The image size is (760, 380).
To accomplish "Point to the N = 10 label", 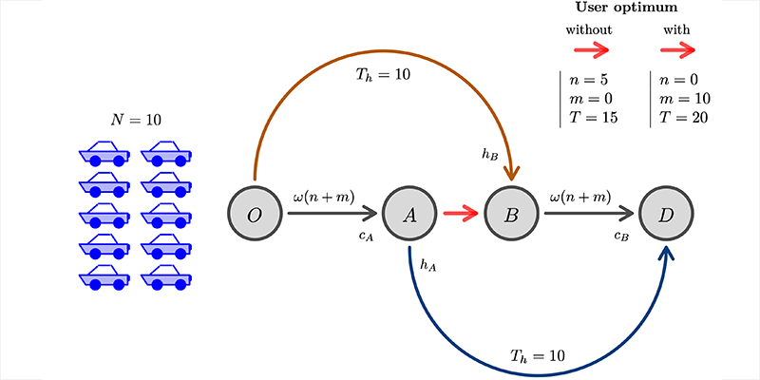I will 136,121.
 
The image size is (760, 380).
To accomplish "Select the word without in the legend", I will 589,29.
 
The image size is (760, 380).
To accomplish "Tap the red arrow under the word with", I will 677,50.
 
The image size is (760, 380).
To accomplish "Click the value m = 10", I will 681,99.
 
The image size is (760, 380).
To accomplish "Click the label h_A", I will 427,267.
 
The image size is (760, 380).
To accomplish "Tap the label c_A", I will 366,237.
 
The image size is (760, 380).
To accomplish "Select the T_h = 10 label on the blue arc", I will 538,357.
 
